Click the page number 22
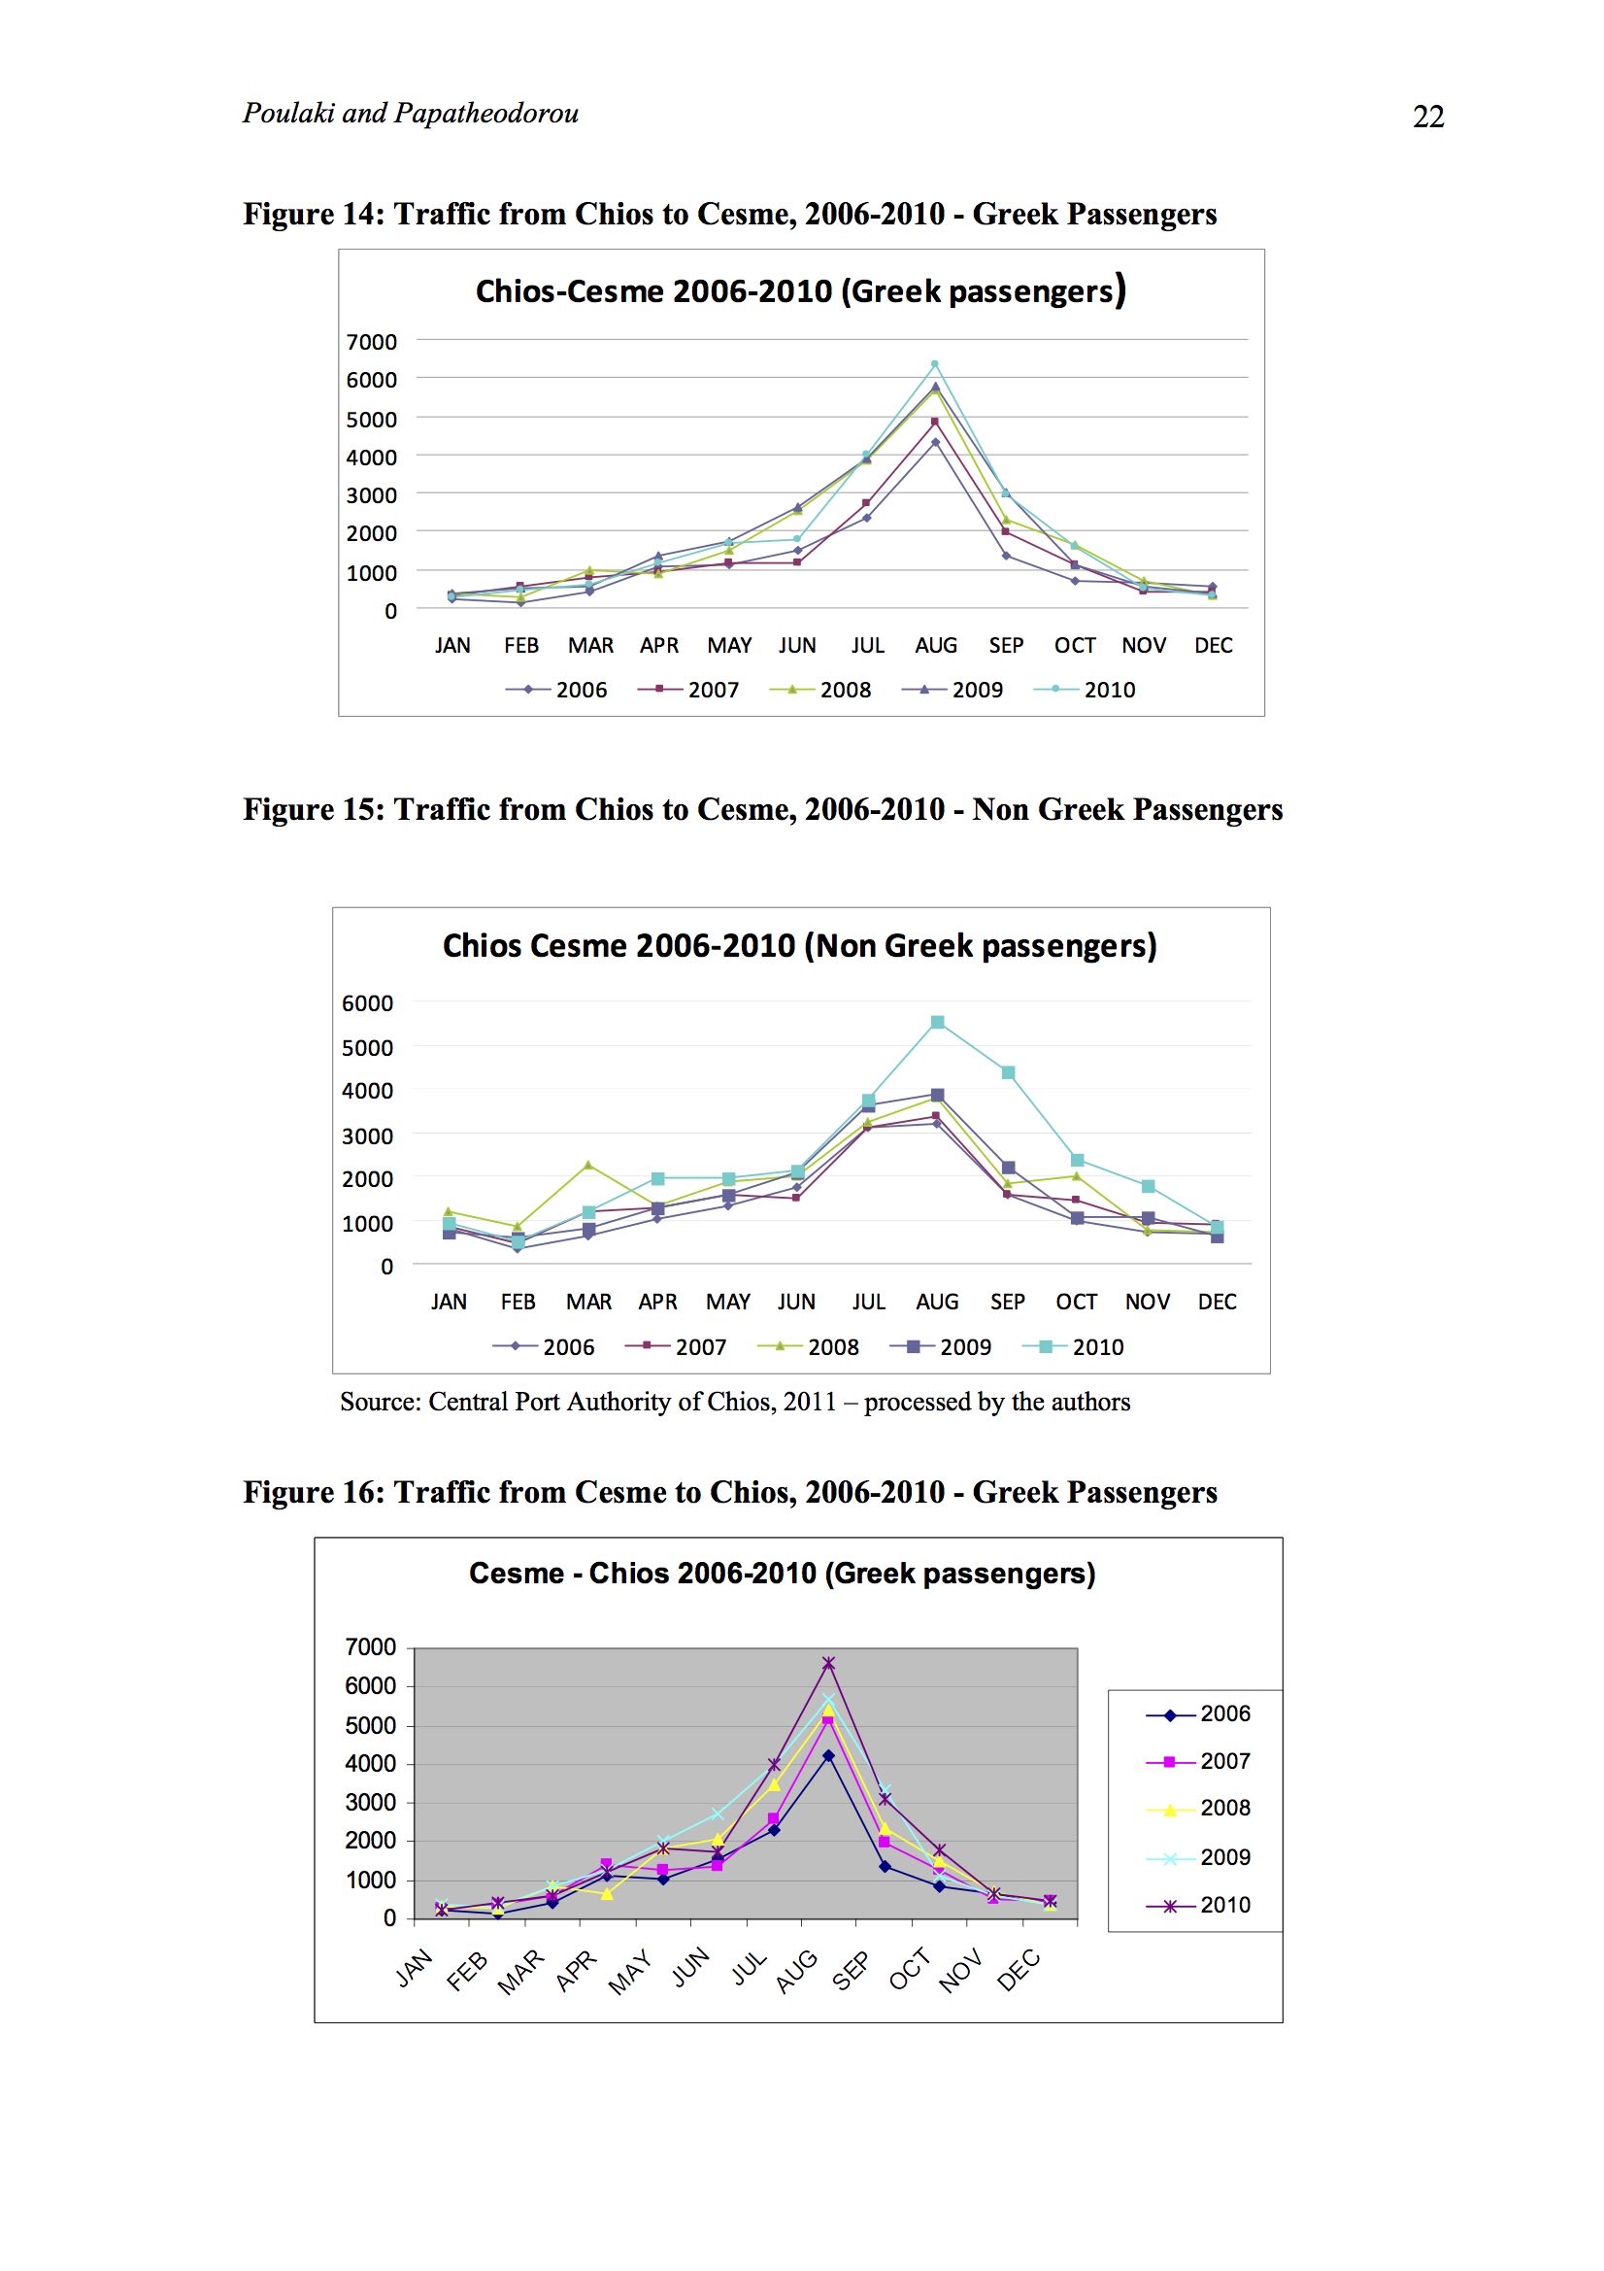tap(1428, 117)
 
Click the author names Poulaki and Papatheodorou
tap(411, 113)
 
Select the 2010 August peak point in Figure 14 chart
tap(934, 364)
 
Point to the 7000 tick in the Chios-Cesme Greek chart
tap(371, 341)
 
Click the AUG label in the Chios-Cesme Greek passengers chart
tap(935, 645)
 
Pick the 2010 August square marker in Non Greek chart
tap(938, 1022)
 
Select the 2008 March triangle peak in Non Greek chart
tap(588, 1165)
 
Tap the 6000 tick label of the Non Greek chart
tap(367, 1003)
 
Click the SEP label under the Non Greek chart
tap(1008, 1302)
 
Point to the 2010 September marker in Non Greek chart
tap(1008, 1072)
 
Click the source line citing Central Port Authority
tap(735, 1402)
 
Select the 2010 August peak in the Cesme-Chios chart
tap(828, 1663)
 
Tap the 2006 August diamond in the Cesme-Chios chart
tap(828, 1755)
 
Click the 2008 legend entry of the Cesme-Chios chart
tap(1198, 1807)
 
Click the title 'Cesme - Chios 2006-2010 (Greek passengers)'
tap(783, 1573)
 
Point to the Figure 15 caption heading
tap(762, 809)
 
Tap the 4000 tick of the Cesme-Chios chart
tap(370, 1763)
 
